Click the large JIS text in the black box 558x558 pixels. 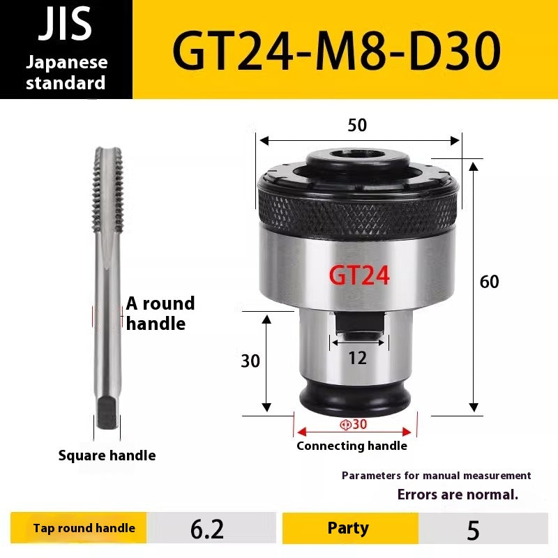(66, 26)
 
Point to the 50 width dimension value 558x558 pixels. (357, 126)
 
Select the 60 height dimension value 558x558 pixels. (490, 282)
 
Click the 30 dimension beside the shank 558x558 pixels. (250, 361)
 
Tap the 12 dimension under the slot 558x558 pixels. (357, 359)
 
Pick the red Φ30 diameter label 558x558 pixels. (354, 425)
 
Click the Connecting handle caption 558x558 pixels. (352, 446)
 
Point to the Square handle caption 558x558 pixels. (107, 455)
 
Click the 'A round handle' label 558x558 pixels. (160, 313)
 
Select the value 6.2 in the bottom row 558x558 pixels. (207, 529)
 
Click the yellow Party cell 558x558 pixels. (348, 528)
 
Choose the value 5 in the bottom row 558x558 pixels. (474, 530)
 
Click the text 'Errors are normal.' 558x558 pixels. (458, 495)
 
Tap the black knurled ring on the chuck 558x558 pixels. (357, 207)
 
